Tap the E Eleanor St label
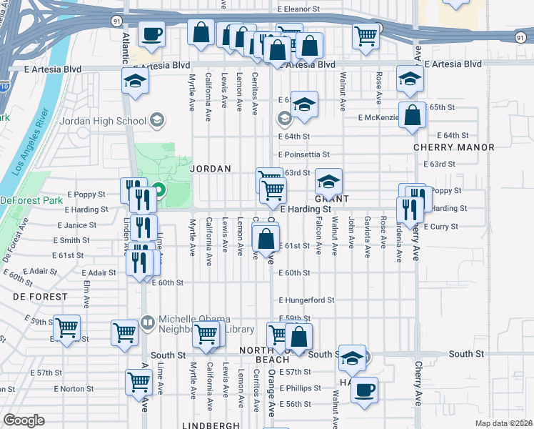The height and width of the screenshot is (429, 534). (x=298, y=9)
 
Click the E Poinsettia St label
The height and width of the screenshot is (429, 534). (x=304, y=154)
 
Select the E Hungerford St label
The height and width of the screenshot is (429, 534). (x=306, y=300)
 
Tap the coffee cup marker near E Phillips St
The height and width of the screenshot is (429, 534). (x=365, y=390)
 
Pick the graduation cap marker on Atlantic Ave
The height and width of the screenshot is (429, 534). (x=134, y=80)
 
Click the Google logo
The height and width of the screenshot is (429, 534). (x=24, y=420)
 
